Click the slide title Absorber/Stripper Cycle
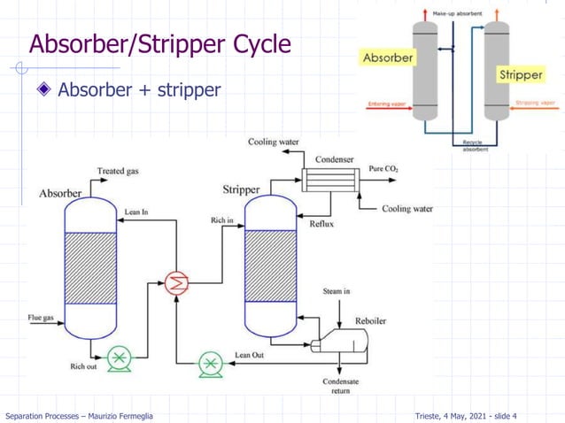(x=159, y=43)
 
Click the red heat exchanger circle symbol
(x=176, y=283)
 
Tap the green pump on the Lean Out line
(x=210, y=362)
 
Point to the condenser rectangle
(x=327, y=180)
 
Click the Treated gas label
(x=117, y=171)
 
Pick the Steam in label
(x=336, y=290)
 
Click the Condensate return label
(x=340, y=387)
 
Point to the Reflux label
(x=321, y=224)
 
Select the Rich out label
(x=83, y=365)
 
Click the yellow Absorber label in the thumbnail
(x=387, y=58)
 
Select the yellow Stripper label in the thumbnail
(x=520, y=74)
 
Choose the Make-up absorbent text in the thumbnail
(x=457, y=15)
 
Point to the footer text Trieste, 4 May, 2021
(x=465, y=416)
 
